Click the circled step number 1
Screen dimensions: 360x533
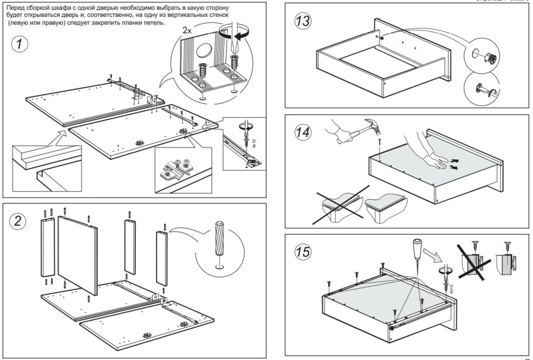click(21, 44)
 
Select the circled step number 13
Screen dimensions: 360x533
click(303, 22)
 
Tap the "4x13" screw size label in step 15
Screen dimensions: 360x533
click(449, 287)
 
